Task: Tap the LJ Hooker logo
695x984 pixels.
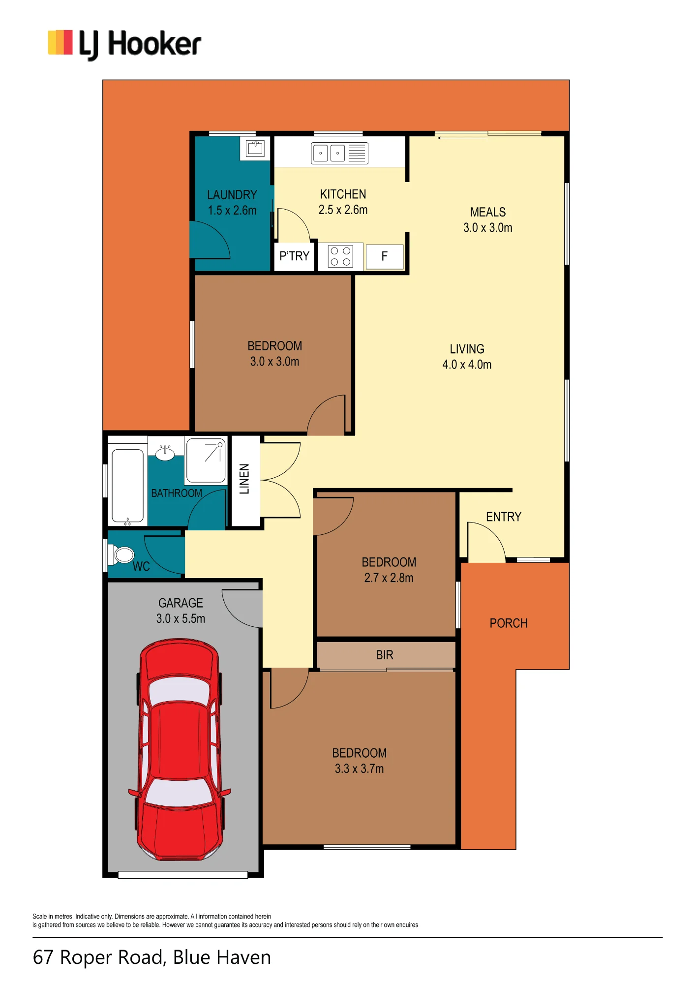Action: click(x=124, y=44)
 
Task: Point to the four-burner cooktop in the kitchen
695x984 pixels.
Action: click(x=340, y=256)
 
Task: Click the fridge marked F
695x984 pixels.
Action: click(x=385, y=256)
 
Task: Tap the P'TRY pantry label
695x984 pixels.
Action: click(x=294, y=256)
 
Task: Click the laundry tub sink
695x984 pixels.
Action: click(x=255, y=148)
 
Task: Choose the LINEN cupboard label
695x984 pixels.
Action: click(x=244, y=479)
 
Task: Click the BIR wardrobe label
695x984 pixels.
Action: click(x=385, y=655)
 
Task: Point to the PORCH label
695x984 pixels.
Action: click(x=509, y=623)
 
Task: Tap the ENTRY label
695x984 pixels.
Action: click(x=504, y=517)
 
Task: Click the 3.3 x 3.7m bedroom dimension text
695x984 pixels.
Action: click(x=359, y=769)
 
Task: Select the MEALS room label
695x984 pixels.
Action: click(x=488, y=212)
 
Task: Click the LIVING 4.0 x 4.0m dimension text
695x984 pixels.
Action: click(x=467, y=365)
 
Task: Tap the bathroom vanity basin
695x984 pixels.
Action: click(x=165, y=452)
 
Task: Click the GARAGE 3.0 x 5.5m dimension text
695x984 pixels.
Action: click(x=181, y=618)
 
